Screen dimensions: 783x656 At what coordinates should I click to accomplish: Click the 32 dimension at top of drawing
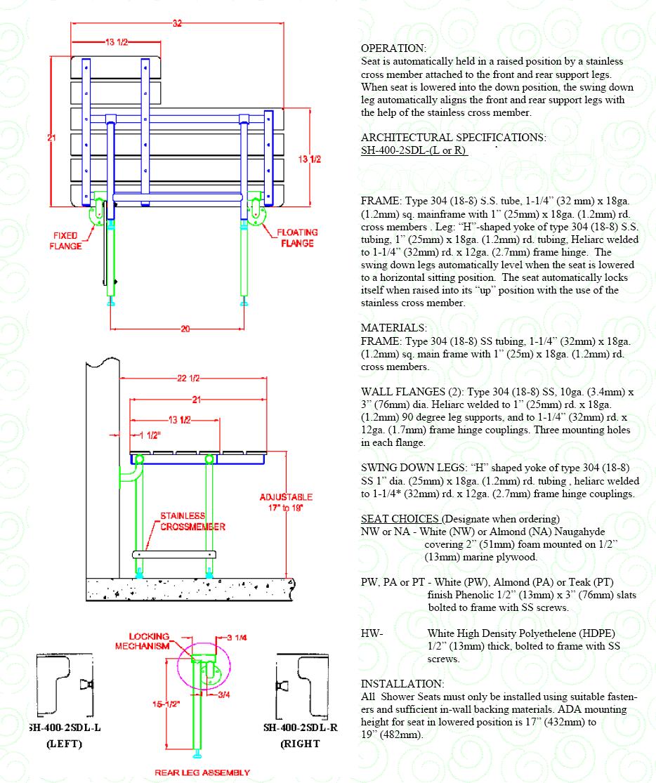point(177,22)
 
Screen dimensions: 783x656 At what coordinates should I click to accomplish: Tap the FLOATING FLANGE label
point(297,237)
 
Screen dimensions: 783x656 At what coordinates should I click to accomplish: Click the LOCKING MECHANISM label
point(149,640)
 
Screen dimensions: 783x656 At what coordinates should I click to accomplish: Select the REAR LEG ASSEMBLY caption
point(202,772)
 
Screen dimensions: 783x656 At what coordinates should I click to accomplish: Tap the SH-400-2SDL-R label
point(301,728)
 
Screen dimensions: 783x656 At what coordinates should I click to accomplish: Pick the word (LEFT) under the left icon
point(64,744)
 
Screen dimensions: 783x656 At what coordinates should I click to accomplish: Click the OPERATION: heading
point(393,48)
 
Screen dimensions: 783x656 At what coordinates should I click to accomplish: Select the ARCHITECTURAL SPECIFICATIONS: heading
point(453,138)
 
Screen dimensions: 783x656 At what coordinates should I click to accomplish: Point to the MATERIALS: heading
point(393,328)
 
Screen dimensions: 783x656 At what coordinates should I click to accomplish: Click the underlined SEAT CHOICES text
point(400,519)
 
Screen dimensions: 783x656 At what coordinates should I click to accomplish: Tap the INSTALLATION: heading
point(402,683)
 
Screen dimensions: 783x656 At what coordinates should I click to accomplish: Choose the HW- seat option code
point(372,633)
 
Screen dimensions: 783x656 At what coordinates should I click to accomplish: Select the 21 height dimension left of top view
point(51,138)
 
